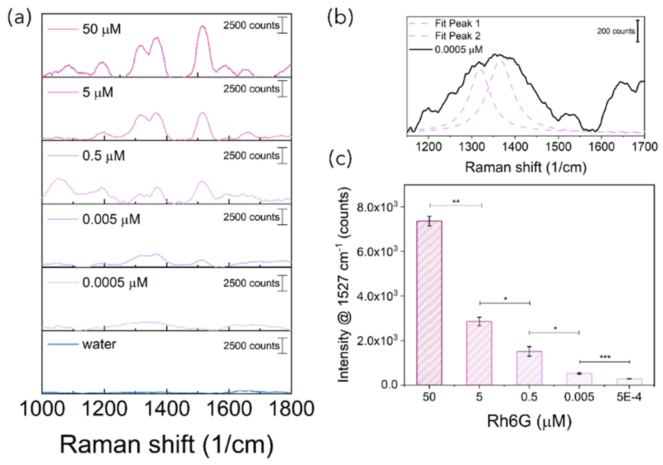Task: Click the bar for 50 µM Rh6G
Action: [x=429, y=303]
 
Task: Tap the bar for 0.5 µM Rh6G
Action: [x=529, y=368]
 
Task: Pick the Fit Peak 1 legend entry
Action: [x=457, y=23]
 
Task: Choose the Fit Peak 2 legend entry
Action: [x=457, y=36]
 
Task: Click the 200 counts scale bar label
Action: [x=616, y=31]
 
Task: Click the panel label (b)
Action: [x=340, y=18]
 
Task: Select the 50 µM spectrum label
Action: [x=101, y=29]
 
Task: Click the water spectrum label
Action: [x=99, y=344]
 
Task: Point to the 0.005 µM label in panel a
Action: [x=111, y=219]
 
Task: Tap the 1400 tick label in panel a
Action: [x=167, y=409]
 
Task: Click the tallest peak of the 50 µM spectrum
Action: [x=203, y=27]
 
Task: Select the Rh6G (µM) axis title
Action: [x=529, y=421]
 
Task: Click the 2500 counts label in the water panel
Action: [x=251, y=345]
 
